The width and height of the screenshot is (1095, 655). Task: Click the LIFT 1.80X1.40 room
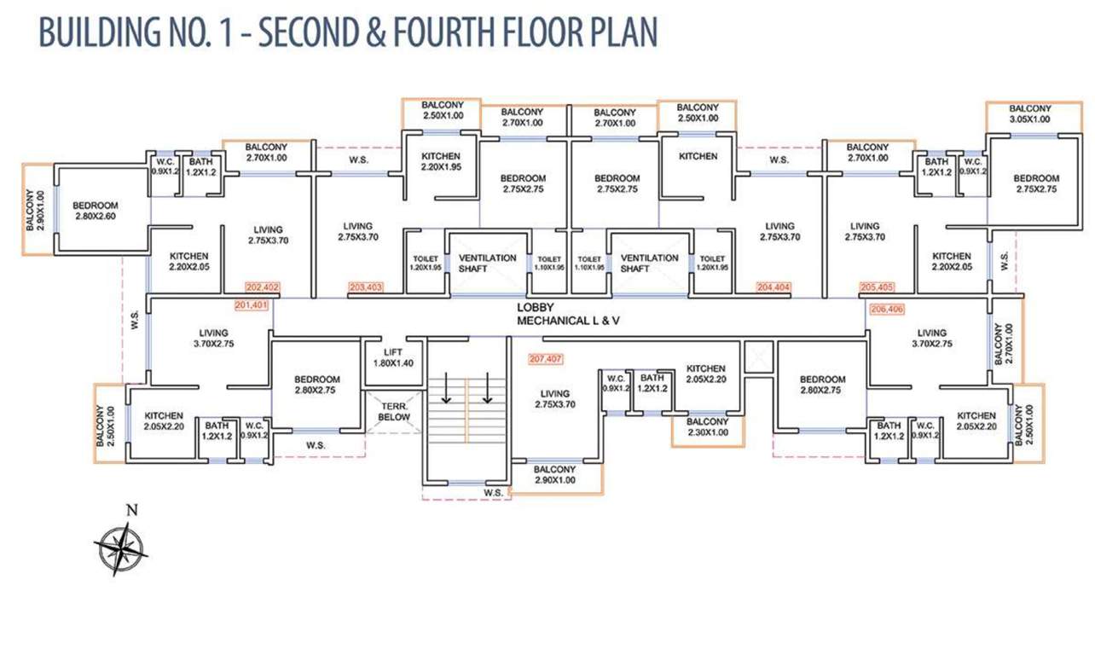[x=392, y=357]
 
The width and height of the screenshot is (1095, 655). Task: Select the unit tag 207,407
[x=546, y=358]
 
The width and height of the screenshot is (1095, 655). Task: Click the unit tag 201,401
[x=251, y=304]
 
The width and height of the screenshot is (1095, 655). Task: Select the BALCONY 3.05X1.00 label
[x=1029, y=113]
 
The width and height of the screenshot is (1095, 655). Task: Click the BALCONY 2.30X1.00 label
[x=707, y=427]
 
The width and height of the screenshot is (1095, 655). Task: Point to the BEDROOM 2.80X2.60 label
[x=95, y=211]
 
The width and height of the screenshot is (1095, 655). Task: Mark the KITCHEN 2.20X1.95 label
[x=441, y=161]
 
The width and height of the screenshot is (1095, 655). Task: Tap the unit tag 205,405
[x=877, y=287]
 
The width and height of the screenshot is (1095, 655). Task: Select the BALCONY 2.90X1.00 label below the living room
[x=554, y=475]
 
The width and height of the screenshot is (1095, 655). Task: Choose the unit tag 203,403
[x=366, y=287]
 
